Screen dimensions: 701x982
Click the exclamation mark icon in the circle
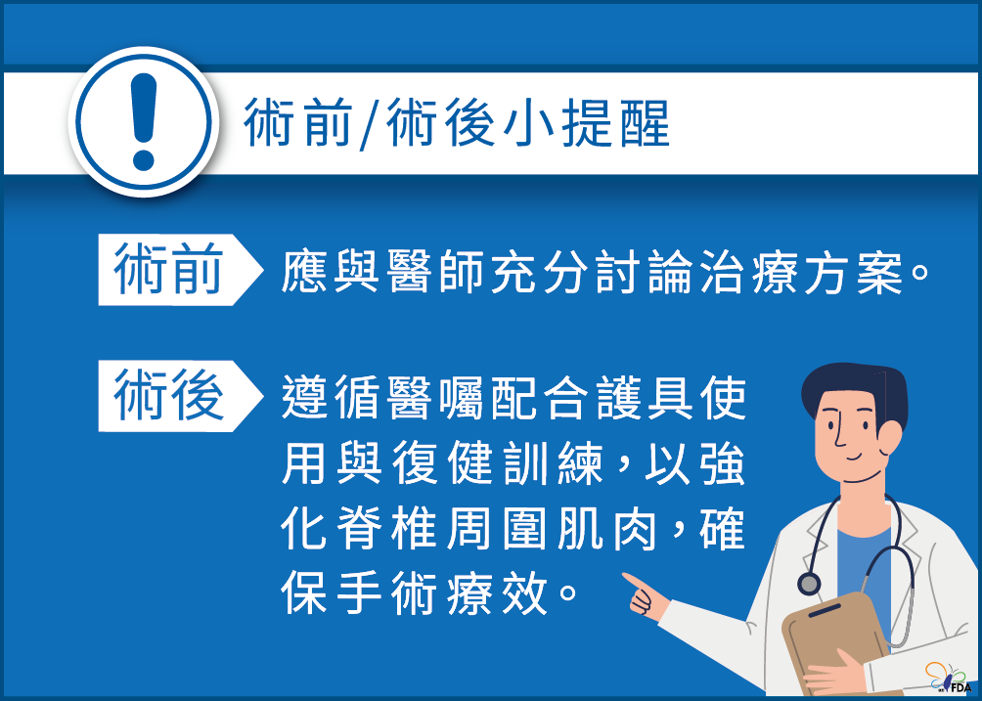(x=144, y=121)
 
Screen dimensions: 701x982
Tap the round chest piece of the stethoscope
(x=809, y=584)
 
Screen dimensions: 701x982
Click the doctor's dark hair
(x=851, y=386)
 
